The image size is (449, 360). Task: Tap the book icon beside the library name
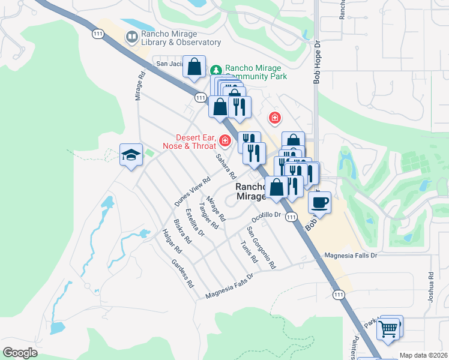coord(131,38)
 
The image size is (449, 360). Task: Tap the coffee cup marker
coord(319,202)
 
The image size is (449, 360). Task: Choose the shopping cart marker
coord(390,328)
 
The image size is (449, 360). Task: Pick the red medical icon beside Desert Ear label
coord(225,141)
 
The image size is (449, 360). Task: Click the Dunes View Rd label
coord(192,190)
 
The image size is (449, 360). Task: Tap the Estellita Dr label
coord(195,223)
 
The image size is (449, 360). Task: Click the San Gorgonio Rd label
coord(261,248)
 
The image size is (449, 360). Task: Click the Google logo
coord(20,353)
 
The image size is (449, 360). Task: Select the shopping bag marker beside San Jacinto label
coord(194,67)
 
